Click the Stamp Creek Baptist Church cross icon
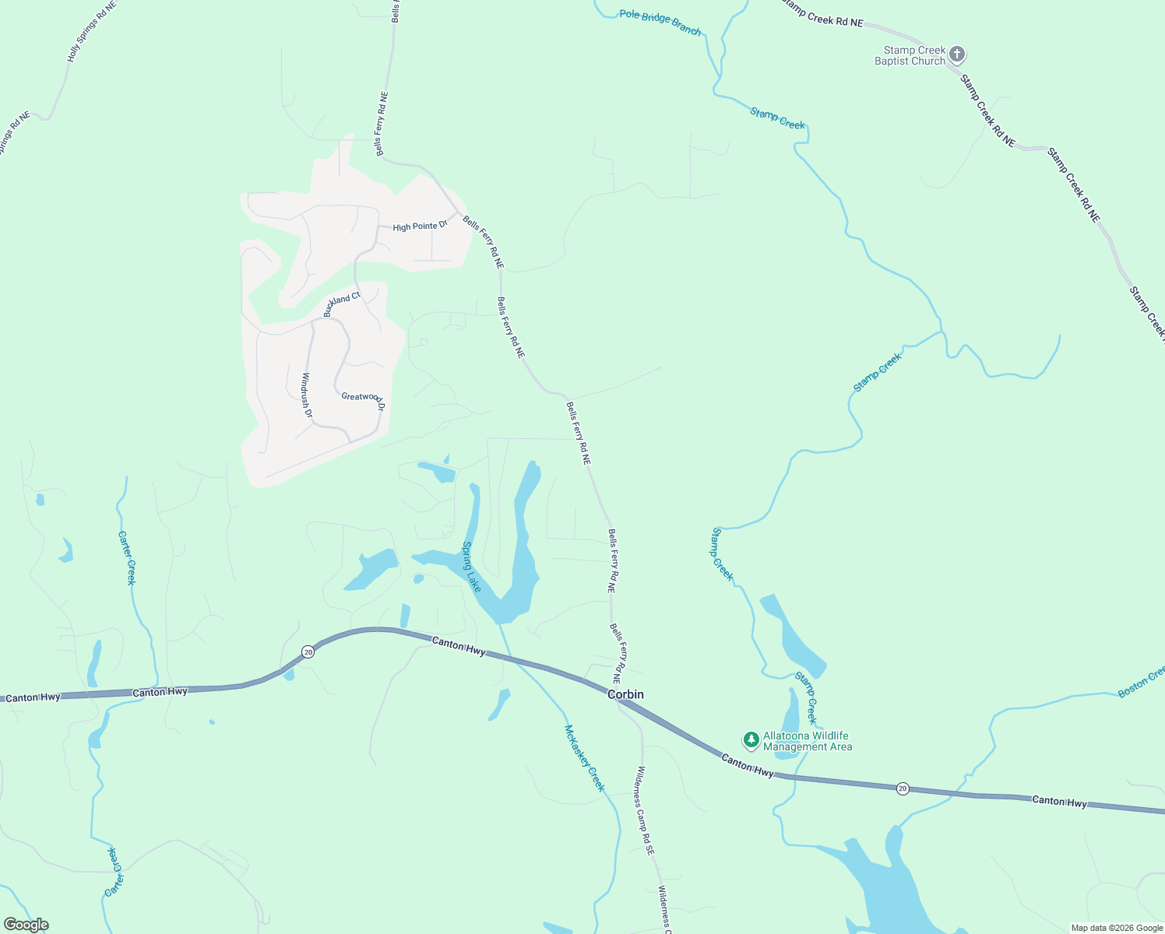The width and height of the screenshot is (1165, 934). point(957,54)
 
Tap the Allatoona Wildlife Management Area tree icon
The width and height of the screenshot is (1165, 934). point(751,739)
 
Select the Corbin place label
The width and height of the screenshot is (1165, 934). point(625,694)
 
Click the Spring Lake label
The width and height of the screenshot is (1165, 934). point(472,567)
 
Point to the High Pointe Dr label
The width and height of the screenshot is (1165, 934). point(420,226)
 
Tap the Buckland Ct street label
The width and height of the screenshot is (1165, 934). point(342,304)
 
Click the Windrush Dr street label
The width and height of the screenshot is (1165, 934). point(306,396)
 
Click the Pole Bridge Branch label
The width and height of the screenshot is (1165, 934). point(660,23)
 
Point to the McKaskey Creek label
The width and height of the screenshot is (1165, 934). point(584,757)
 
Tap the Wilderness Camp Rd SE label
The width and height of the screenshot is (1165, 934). point(645,811)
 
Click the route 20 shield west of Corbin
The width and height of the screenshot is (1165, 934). point(308,651)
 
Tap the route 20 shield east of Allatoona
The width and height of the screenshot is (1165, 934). point(903,788)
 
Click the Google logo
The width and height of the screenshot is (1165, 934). point(26,925)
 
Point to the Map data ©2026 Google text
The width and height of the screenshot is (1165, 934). point(1117,928)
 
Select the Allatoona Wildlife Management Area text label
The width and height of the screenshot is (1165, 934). point(807,741)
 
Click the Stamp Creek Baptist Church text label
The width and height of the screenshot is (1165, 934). point(910,55)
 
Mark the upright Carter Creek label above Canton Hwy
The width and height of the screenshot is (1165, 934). point(127,557)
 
